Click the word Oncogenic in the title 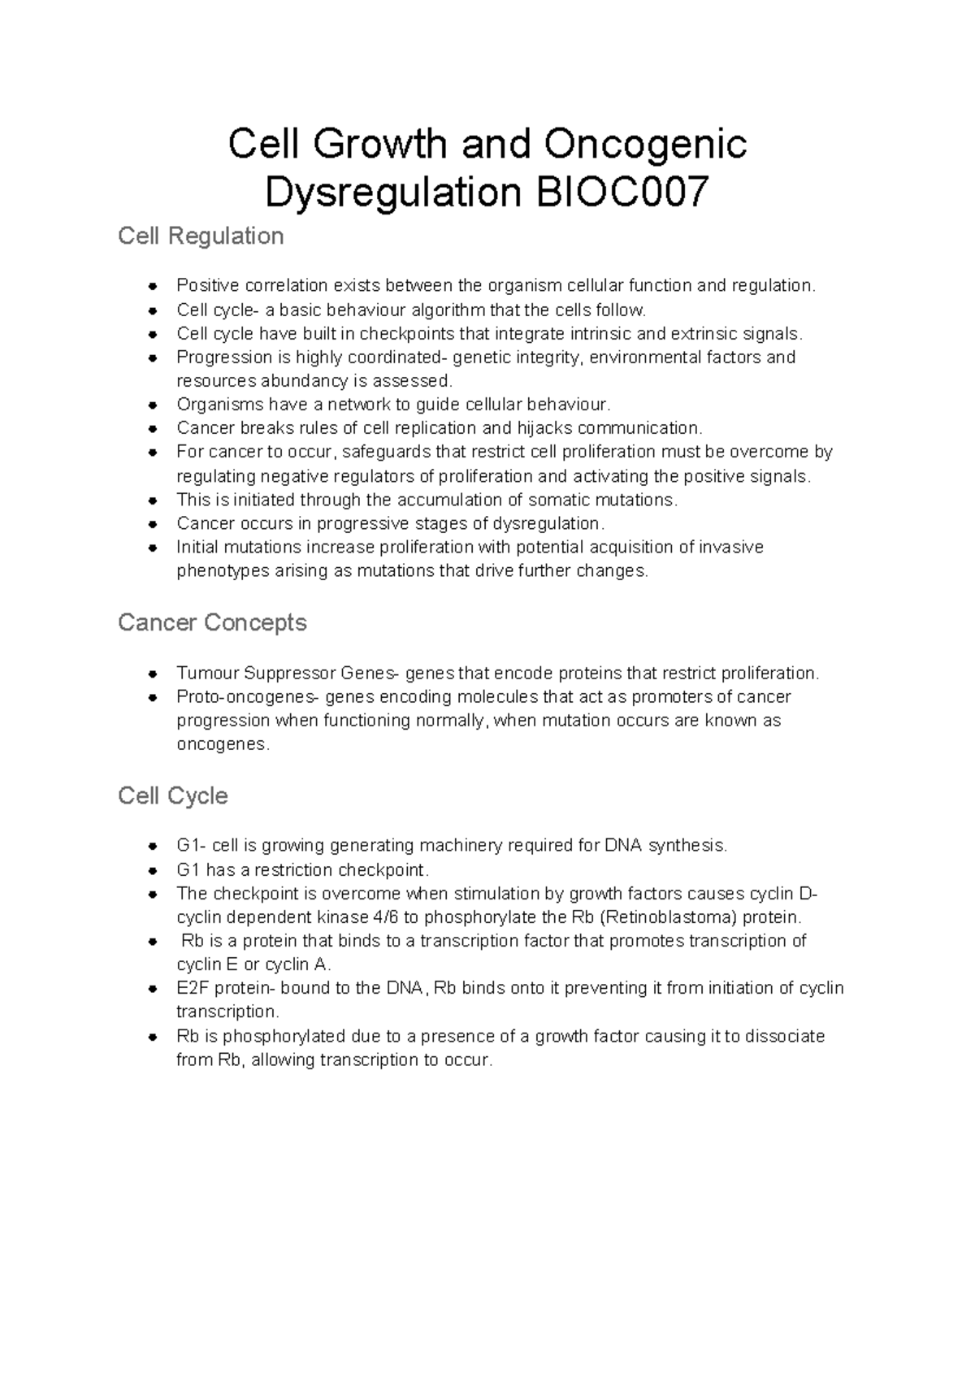coord(646,145)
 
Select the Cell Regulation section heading coord(201,236)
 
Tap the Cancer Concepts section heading coord(212,623)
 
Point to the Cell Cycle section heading coord(172,795)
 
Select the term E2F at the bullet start coord(193,989)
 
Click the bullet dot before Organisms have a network coord(152,405)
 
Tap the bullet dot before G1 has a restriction coord(152,870)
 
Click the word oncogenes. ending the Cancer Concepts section coord(222,744)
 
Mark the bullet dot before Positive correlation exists coord(152,285)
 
